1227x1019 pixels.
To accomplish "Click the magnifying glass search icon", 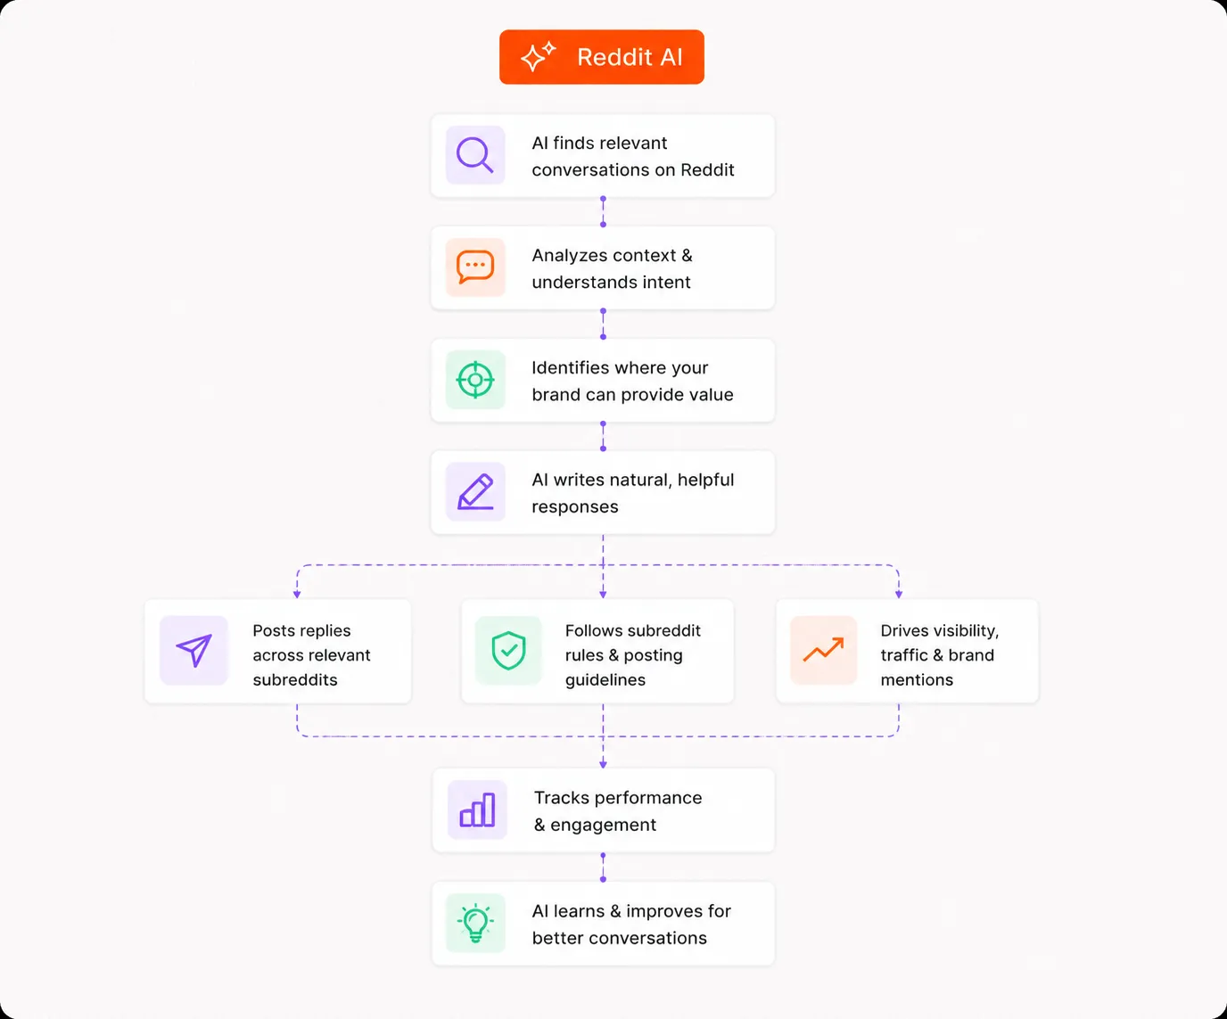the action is coord(474,155).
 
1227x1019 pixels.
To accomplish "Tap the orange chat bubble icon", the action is coord(474,267).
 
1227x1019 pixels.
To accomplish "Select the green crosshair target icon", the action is coord(474,380).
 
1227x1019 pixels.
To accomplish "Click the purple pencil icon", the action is coord(475,491).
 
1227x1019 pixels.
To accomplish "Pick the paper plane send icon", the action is coord(194,650).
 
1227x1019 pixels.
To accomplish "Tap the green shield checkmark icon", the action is coord(508,651).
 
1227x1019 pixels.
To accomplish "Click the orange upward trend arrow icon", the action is coord(823,649).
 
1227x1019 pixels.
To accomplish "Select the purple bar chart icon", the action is coord(477,809).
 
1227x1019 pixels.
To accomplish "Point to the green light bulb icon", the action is coord(475,923).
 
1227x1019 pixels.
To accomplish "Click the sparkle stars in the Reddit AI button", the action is coord(538,56).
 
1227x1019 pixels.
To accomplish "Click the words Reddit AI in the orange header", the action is coord(630,57).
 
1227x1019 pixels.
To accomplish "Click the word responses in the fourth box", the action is coord(575,506).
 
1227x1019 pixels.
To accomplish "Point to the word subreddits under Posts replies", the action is coord(295,680).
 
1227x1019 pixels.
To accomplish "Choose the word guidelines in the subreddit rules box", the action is coord(605,680).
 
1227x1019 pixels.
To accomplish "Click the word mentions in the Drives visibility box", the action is coord(917,680).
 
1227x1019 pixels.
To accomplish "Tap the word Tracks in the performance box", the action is coord(561,797).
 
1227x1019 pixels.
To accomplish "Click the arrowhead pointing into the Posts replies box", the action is coord(297,595).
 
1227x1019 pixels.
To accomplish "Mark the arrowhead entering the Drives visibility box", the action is coord(899,595).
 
